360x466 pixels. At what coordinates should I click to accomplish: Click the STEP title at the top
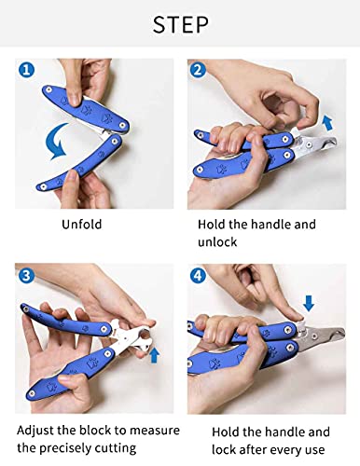(179, 23)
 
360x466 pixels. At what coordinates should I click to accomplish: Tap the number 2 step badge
(197, 70)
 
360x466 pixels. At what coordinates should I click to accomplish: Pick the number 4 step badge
(197, 275)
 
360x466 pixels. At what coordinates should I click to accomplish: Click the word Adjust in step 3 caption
(37, 432)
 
